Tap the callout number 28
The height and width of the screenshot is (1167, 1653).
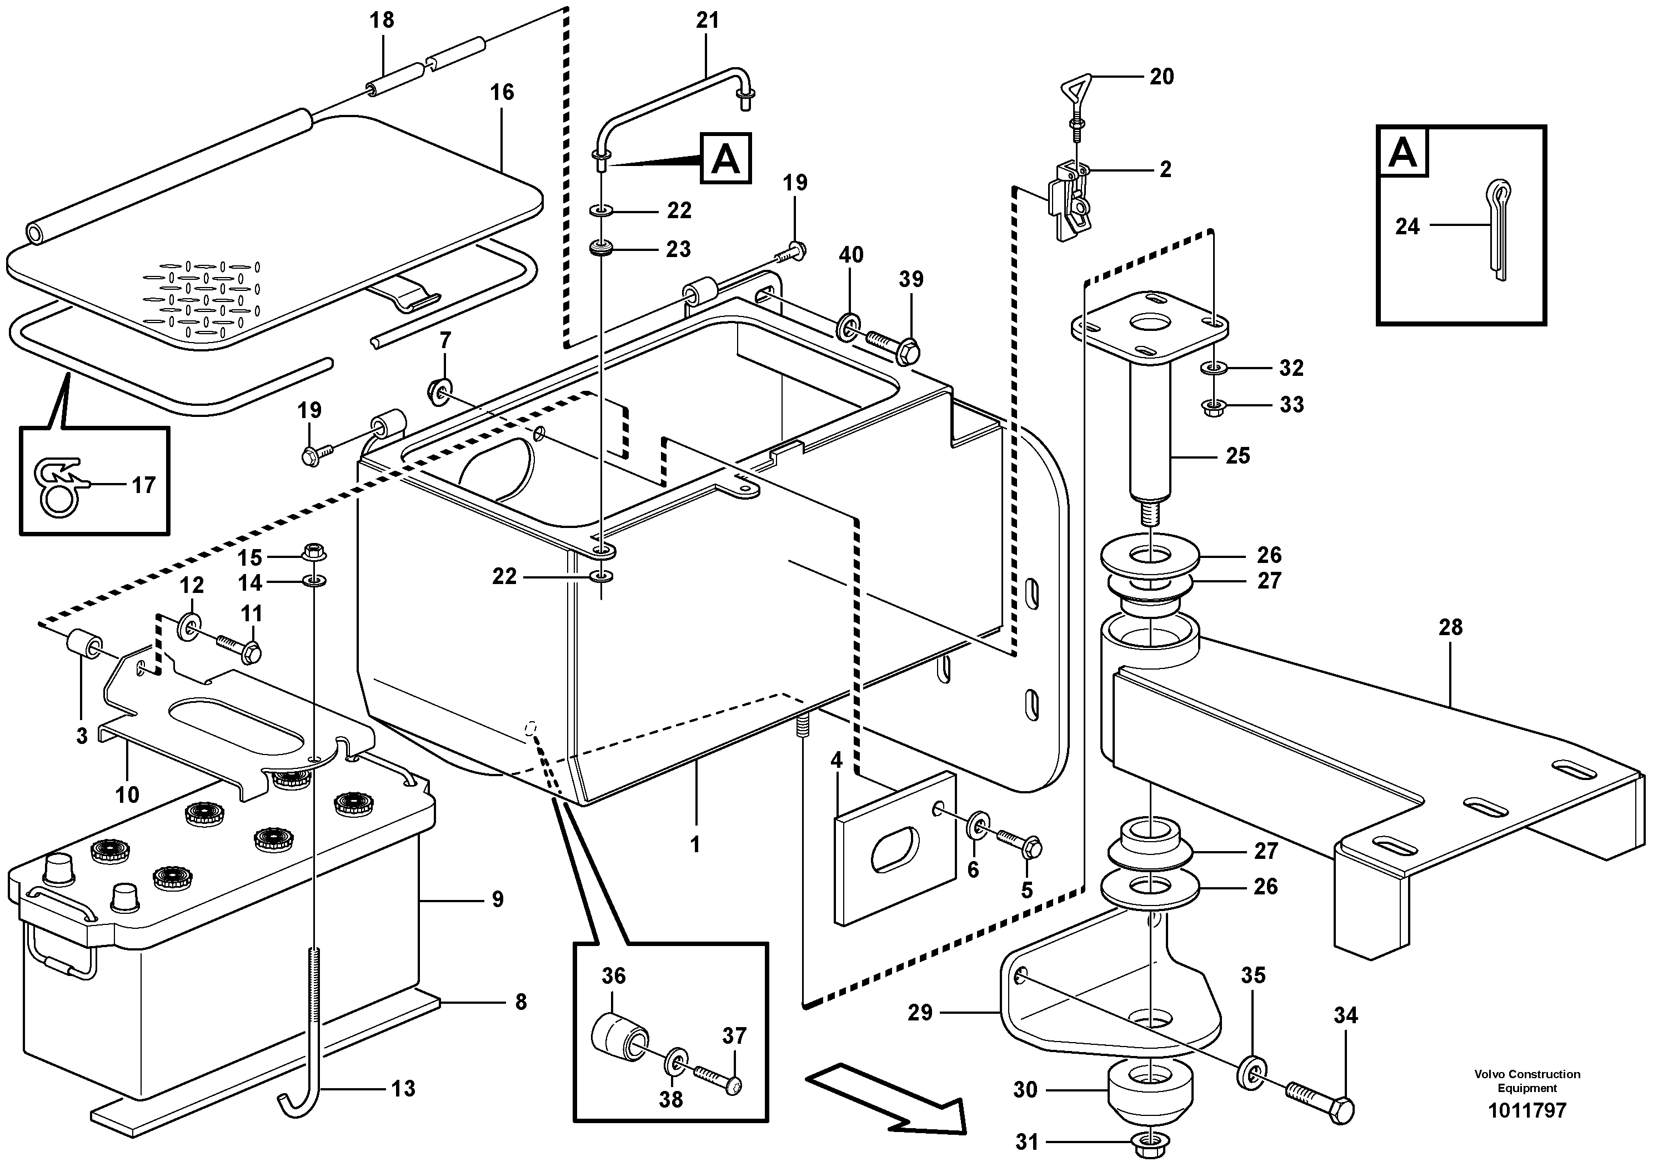[x=1450, y=627]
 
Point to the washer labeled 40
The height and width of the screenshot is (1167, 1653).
[x=849, y=326]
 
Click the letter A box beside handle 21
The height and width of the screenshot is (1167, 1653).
[x=725, y=158]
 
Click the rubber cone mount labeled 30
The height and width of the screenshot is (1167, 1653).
[x=1150, y=1091]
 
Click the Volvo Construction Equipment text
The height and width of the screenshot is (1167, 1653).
[x=1526, y=1080]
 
